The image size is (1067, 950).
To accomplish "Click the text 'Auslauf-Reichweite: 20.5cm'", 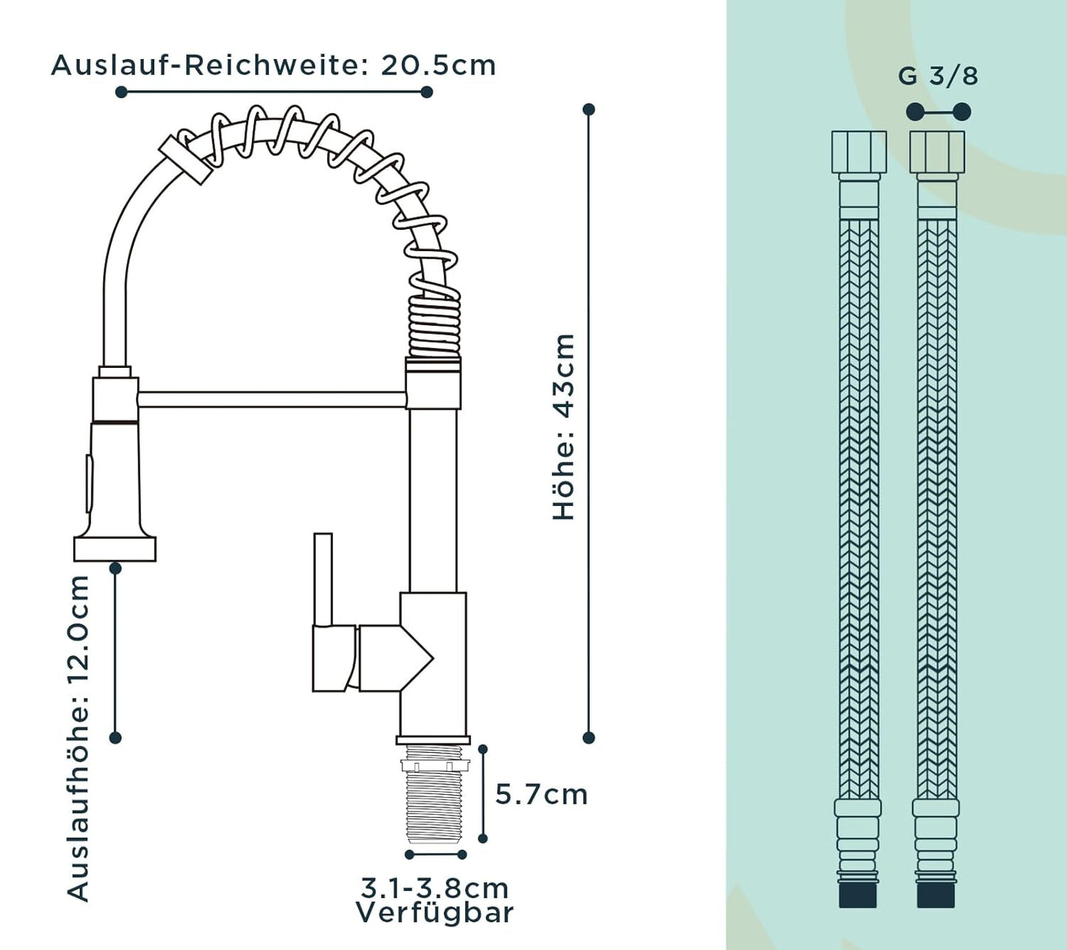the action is (273, 66).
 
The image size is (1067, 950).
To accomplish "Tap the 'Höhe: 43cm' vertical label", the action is (563, 427).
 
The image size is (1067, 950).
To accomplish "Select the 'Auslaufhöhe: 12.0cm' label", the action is (78, 738).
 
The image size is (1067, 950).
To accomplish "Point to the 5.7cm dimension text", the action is (541, 795).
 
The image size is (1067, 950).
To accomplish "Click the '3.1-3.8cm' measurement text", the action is (434, 889).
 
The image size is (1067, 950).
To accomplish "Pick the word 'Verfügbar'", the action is (434, 914).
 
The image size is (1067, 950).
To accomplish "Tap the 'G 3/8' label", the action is (938, 76).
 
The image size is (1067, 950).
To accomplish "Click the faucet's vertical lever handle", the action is (323, 580).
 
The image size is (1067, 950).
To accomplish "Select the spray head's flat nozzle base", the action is (114, 548).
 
